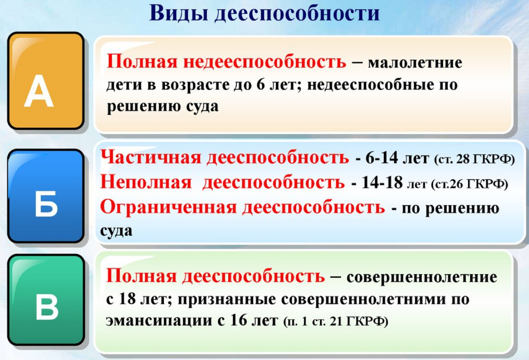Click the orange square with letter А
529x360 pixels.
tap(46, 81)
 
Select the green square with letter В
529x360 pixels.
tap(46, 299)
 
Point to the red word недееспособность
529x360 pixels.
tap(265, 62)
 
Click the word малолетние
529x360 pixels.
tap(415, 63)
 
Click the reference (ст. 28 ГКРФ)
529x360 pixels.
tap(474, 160)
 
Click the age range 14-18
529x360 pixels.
tap(382, 183)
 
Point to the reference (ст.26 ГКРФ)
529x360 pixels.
tap(469, 184)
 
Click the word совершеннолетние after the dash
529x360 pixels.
tap(422, 278)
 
